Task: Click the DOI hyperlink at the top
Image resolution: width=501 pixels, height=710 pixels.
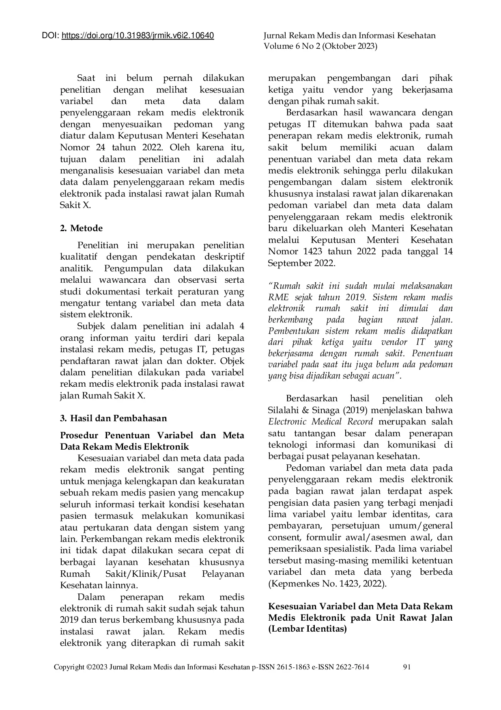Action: [x=138, y=36]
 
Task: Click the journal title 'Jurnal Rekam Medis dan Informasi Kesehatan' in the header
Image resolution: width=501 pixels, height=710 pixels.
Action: [x=349, y=36]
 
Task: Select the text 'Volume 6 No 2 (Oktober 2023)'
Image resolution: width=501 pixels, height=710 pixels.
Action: [x=320, y=46]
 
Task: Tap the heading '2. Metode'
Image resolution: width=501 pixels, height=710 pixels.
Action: [x=81, y=228]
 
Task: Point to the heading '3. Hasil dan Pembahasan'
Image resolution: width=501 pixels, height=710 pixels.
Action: [x=113, y=418]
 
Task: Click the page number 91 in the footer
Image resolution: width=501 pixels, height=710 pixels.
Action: [x=407, y=667]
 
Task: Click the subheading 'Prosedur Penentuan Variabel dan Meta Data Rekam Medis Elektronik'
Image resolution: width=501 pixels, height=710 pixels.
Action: [x=152, y=441]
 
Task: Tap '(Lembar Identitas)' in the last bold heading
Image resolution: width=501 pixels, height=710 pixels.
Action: [x=307, y=630]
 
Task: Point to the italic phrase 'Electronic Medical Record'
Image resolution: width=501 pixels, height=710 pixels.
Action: [x=320, y=422]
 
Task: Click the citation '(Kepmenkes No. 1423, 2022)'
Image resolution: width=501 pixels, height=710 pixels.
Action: [x=327, y=584]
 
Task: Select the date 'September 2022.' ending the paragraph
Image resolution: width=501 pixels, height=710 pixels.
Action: [x=301, y=263]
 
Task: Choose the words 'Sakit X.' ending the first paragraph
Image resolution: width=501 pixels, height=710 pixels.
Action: [x=75, y=205]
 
